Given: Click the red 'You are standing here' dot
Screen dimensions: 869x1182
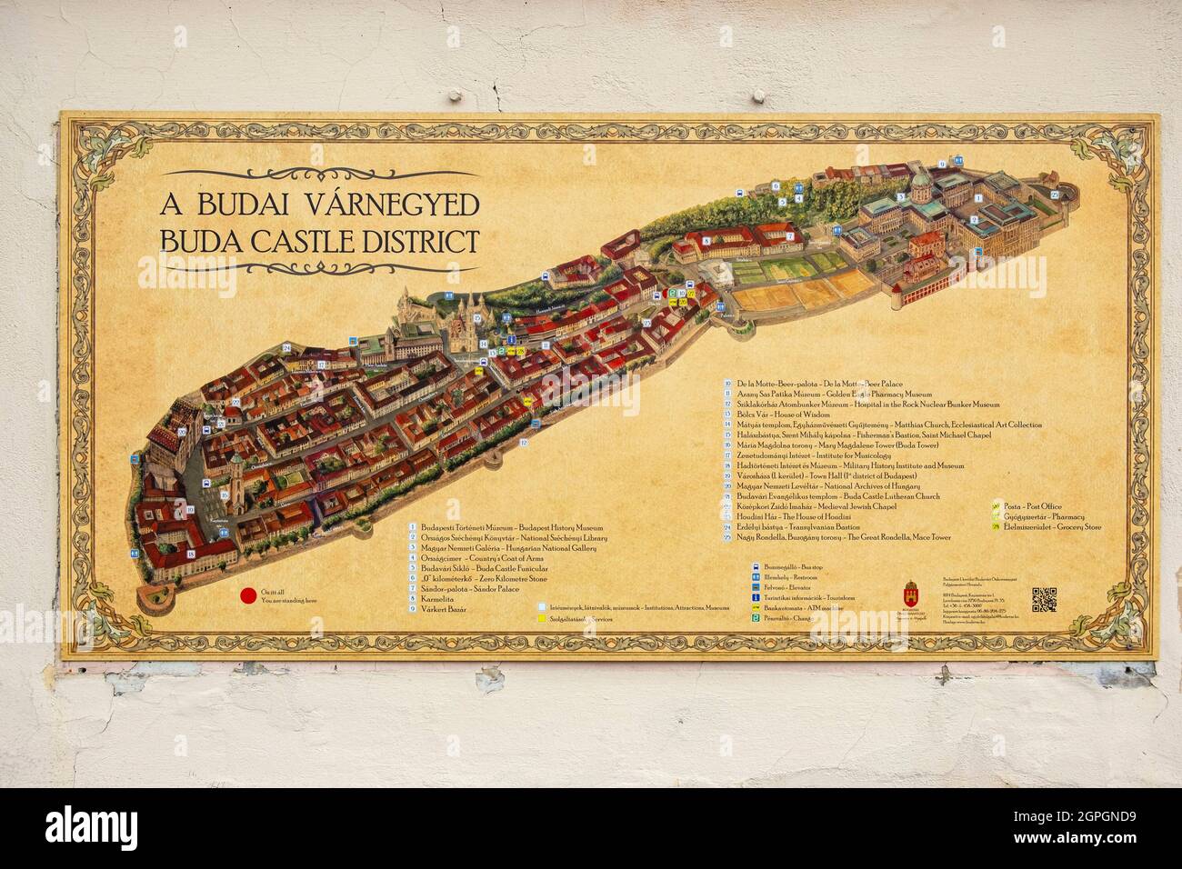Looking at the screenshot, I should point(247,597).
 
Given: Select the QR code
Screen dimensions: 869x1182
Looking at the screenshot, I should point(1044,600).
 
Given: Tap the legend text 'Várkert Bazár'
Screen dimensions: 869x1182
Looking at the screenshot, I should point(444,609).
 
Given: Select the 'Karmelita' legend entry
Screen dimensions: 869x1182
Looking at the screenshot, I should point(438,599).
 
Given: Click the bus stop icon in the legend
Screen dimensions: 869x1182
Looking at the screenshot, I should point(756,566).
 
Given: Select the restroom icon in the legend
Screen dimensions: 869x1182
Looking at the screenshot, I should point(756,576).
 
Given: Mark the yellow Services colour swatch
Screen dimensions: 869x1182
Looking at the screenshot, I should point(542,618).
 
